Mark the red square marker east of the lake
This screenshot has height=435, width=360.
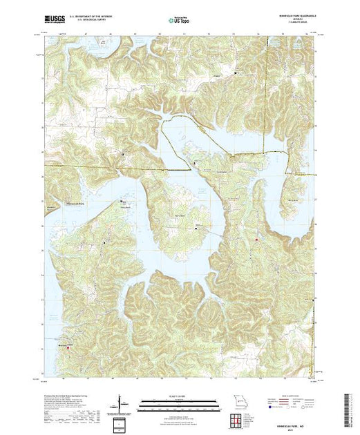coord(256,240)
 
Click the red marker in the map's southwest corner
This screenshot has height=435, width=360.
coord(68,347)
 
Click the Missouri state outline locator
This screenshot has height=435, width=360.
coord(238,402)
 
